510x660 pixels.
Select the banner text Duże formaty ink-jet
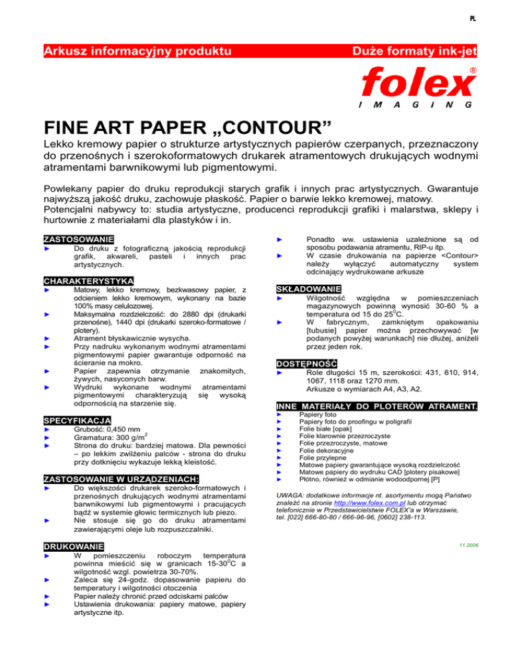[x=416, y=50]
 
